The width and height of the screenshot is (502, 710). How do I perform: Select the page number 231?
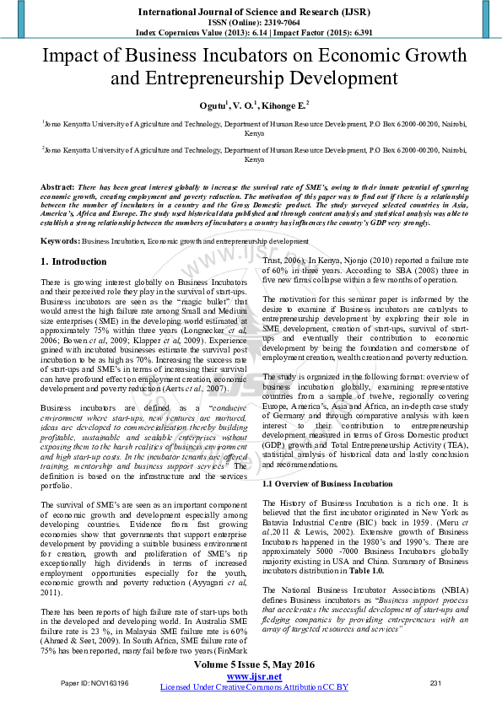[x=435, y=682]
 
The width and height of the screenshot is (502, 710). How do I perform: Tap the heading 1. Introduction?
[x=74, y=261]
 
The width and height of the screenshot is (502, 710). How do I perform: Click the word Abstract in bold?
[x=57, y=185]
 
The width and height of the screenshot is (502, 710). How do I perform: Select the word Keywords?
[x=60, y=240]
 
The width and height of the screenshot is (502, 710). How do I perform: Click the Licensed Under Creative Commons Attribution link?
[x=254, y=687]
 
